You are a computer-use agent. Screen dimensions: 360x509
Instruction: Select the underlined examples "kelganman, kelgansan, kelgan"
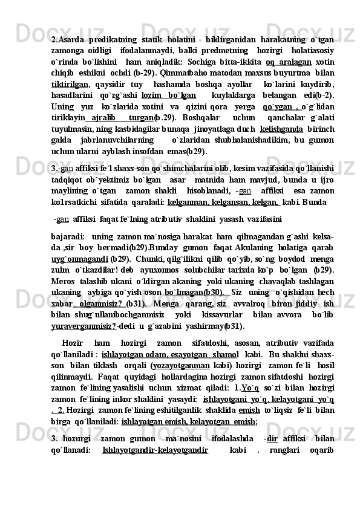[223, 184]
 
